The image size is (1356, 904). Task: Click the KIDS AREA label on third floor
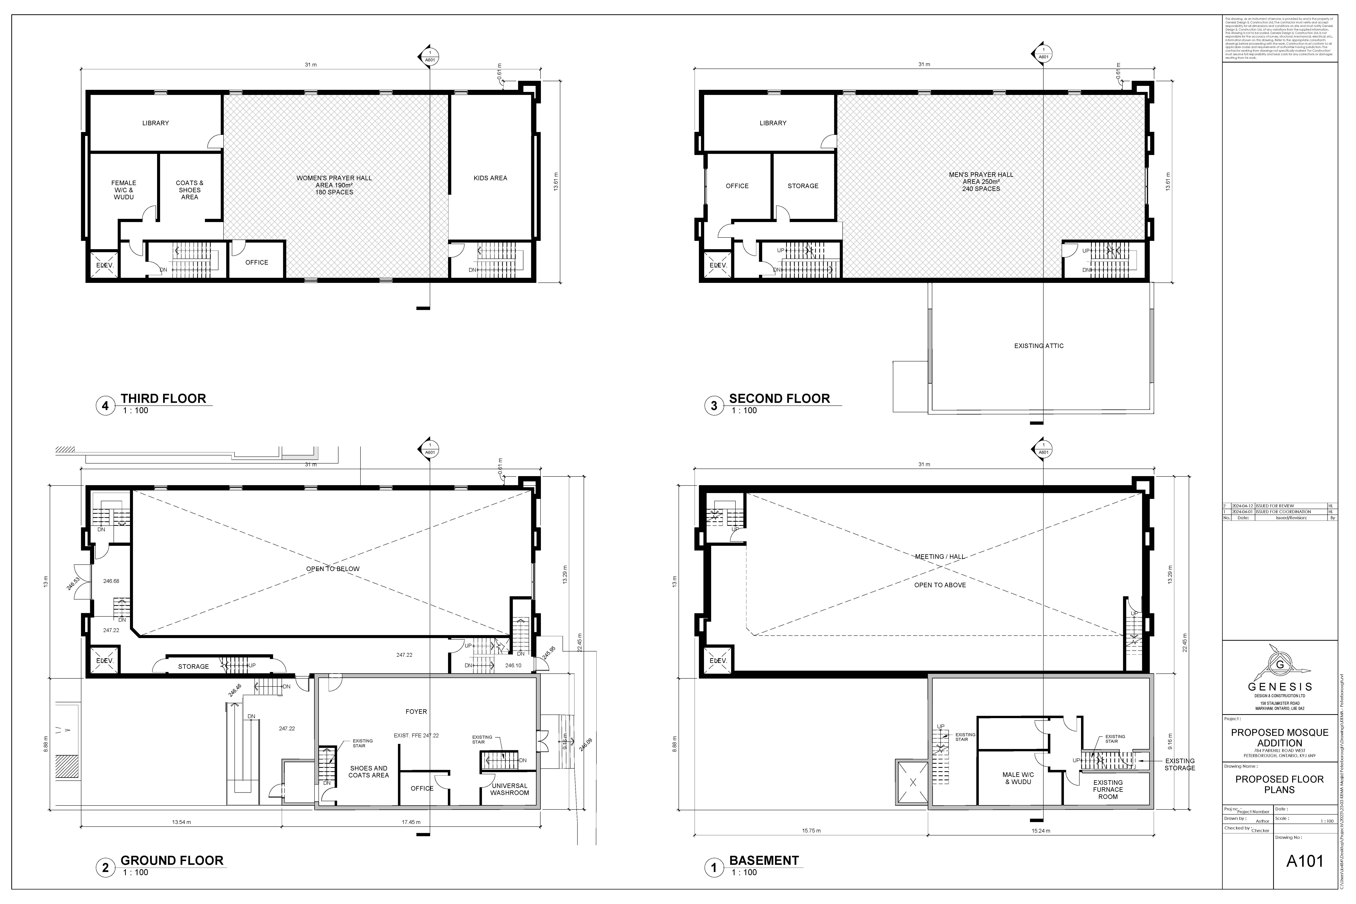(x=490, y=178)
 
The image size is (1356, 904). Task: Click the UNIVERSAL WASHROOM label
(x=509, y=789)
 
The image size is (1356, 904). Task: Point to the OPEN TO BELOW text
(x=333, y=569)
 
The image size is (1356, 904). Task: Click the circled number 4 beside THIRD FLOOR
(x=105, y=406)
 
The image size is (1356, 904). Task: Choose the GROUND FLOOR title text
(x=172, y=861)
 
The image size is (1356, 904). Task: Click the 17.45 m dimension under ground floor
(x=411, y=822)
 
